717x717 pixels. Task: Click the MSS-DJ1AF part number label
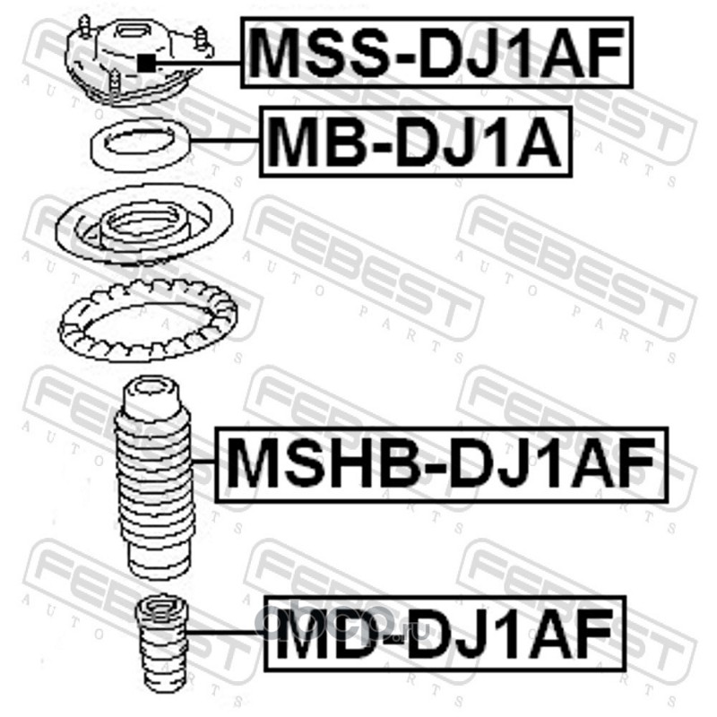click(436, 53)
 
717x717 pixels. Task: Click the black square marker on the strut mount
click(146, 62)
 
